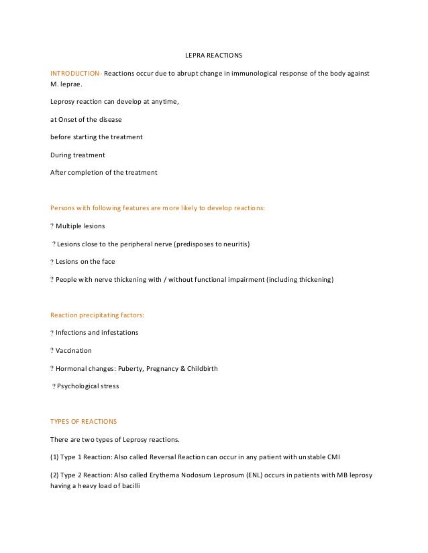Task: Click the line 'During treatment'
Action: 78,155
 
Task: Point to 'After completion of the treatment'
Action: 104,172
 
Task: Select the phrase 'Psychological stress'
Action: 88,386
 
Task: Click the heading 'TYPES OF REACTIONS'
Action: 84,421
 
